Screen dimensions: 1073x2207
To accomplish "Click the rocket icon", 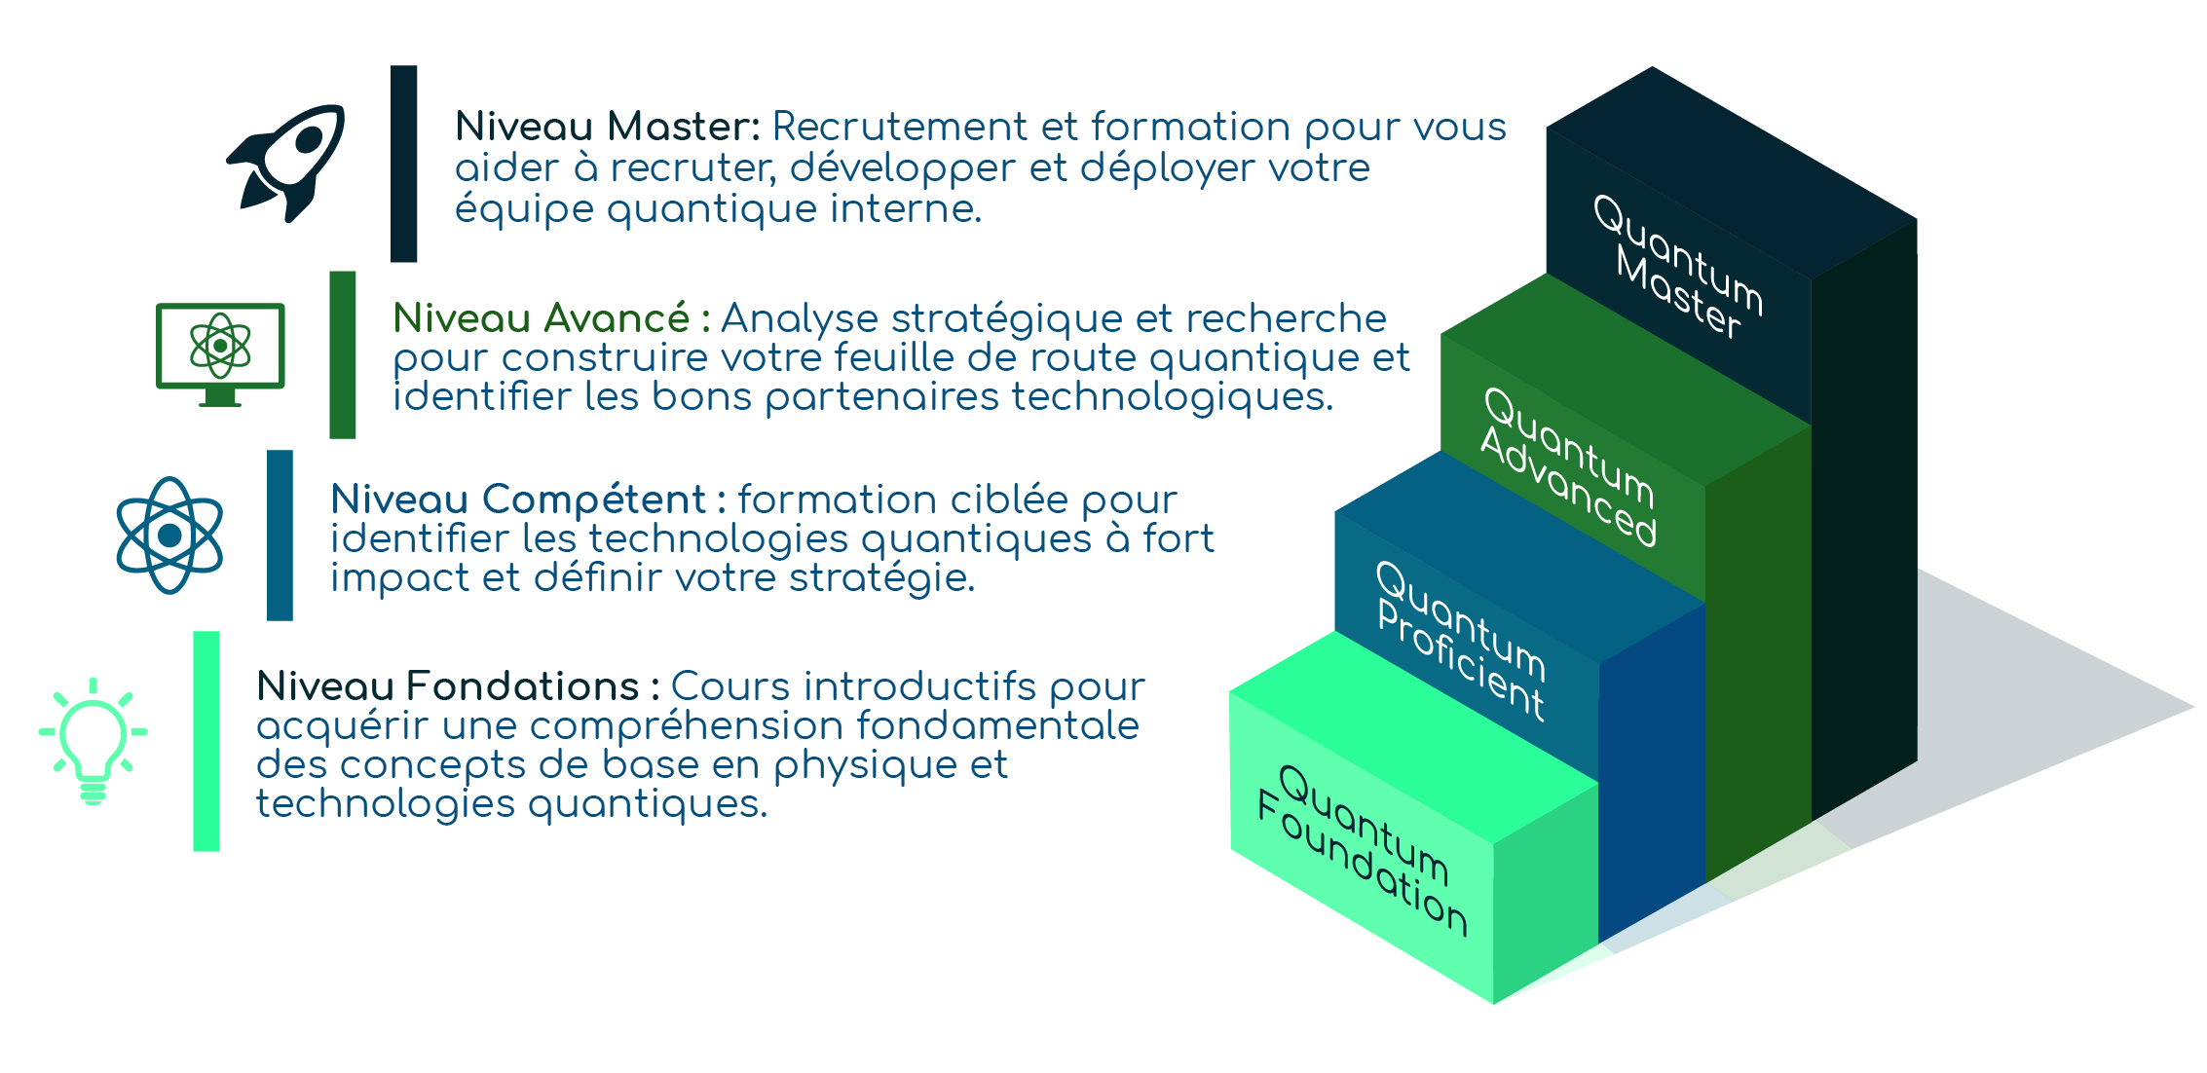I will [287, 163].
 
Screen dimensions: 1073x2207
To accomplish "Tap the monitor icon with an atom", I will [221, 352].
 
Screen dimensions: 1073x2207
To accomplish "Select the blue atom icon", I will [169, 536].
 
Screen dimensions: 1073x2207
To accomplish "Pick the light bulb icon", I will [93, 740].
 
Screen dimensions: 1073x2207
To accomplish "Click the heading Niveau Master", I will [606, 128].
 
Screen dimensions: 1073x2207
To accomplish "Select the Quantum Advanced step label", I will [1568, 465].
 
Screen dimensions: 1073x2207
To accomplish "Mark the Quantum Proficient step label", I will [1460, 640].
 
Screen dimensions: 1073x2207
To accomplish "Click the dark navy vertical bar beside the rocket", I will [404, 164].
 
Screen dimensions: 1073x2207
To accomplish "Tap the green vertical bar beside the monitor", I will [343, 354].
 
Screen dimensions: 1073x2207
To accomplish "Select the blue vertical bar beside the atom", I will [281, 535].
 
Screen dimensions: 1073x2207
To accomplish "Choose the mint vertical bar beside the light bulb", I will [206, 741].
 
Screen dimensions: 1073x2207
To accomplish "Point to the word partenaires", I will [881, 397].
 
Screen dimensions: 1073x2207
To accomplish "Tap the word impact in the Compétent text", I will [400, 579].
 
